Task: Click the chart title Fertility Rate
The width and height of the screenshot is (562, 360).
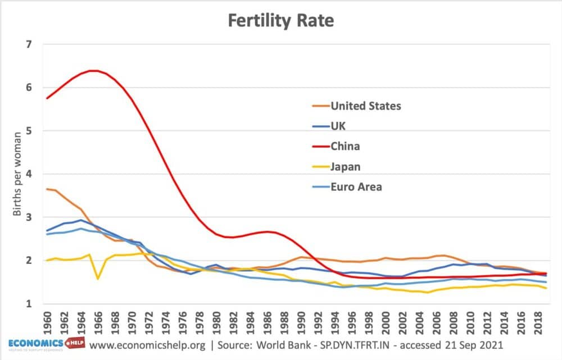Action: coord(280,21)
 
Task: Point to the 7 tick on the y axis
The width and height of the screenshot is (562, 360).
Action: coord(30,44)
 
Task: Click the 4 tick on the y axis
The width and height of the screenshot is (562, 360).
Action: coord(30,174)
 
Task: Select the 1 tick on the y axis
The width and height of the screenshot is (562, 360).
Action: coord(30,304)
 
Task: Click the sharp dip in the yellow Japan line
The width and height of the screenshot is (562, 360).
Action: coord(98,278)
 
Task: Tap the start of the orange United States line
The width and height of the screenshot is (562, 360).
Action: coord(47,189)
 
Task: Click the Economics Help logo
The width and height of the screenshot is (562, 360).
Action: coord(44,344)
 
